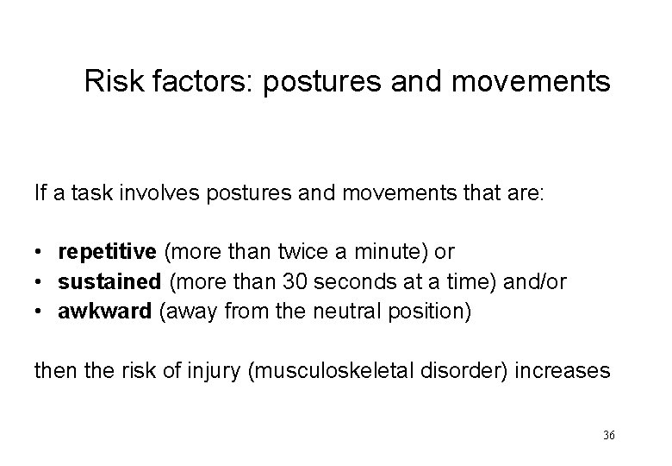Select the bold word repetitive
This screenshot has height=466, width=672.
click(x=107, y=251)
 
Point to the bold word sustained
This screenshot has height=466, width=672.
click(x=109, y=280)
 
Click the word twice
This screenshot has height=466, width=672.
click(x=289, y=251)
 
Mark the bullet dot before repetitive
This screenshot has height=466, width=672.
click(x=40, y=252)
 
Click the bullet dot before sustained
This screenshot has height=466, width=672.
click(x=40, y=281)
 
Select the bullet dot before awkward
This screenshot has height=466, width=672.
click(x=40, y=310)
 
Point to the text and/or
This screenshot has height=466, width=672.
click(x=535, y=280)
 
